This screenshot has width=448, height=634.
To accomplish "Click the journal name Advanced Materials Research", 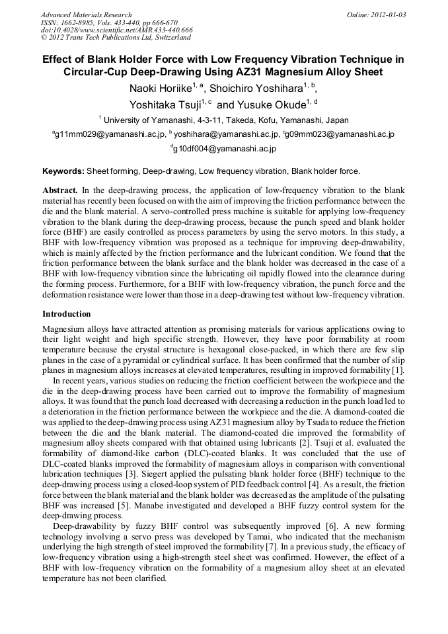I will (87, 15).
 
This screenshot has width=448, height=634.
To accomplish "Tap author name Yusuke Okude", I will (272, 104).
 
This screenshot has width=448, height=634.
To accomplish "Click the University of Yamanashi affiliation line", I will (223, 120).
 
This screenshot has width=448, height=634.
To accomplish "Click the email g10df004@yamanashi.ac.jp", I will (224, 149).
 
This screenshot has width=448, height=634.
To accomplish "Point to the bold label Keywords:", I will (63, 171).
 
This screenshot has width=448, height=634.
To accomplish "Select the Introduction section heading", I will (66, 314).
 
